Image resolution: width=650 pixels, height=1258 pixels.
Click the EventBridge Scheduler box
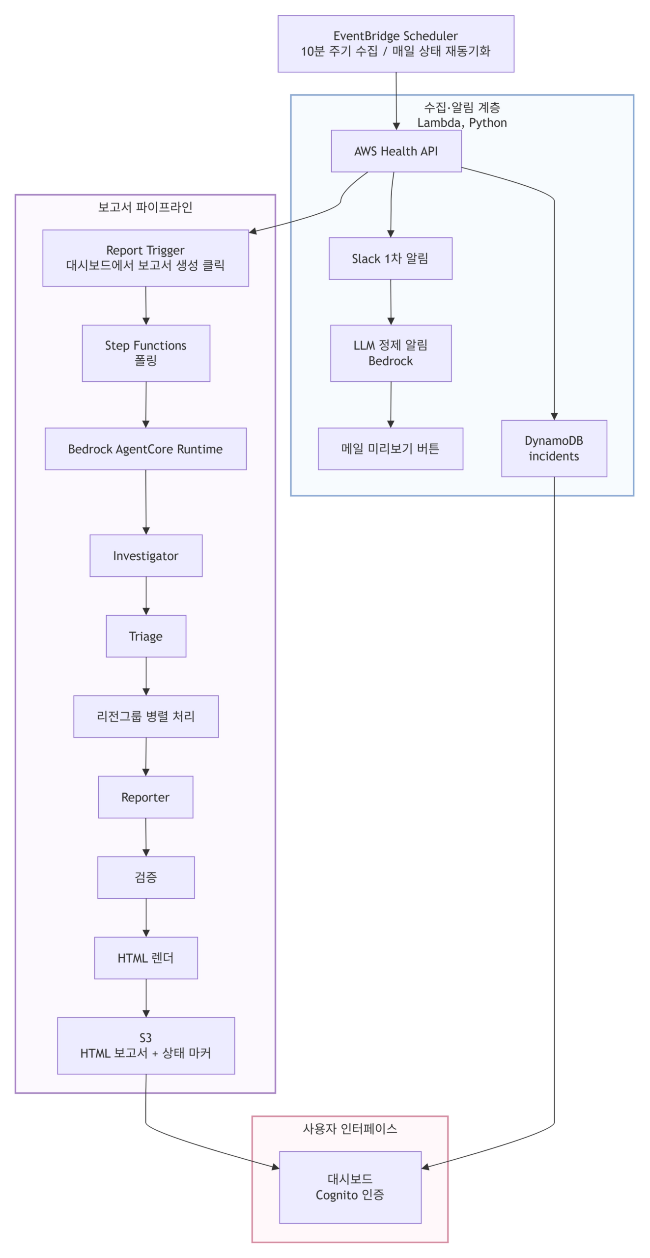click(x=396, y=44)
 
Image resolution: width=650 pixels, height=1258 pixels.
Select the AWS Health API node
click(x=396, y=151)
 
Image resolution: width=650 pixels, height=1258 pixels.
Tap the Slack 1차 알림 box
click(x=390, y=258)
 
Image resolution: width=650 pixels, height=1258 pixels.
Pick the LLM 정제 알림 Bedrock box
click(x=391, y=353)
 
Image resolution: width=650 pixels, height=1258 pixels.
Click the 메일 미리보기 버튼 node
click(x=390, y=449)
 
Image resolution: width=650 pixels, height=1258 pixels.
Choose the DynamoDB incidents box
click(x=554, y=448)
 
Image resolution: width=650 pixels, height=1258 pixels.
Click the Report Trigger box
click(x=145, y=258)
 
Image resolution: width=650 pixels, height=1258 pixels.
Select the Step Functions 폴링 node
click(x=146, y=353)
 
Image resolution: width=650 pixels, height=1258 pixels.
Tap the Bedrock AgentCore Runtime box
click(x=145, y=449)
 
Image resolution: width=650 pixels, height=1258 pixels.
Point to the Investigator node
click(x=146, y=555)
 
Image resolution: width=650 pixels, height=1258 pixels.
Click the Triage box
click(x=146, y=636)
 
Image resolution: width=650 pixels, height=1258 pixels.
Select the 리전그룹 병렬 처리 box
click(x=146, y=716)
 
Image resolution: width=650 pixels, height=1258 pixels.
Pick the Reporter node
click(x=145, y=797)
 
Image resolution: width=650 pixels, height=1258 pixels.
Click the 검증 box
click(x=146, y=878)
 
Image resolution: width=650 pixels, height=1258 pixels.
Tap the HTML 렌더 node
click(x=146, y=958)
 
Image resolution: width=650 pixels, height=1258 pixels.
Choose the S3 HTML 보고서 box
click(x=146, y=1046)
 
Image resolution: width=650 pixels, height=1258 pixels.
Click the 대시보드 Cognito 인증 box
click(x=350, y=1186)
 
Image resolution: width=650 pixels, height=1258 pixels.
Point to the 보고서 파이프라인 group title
click(x=145, y=207)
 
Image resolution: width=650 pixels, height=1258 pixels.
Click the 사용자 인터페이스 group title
click(x=350, y=1128)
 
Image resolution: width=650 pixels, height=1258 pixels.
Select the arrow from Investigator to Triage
click(x=146, y=596)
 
